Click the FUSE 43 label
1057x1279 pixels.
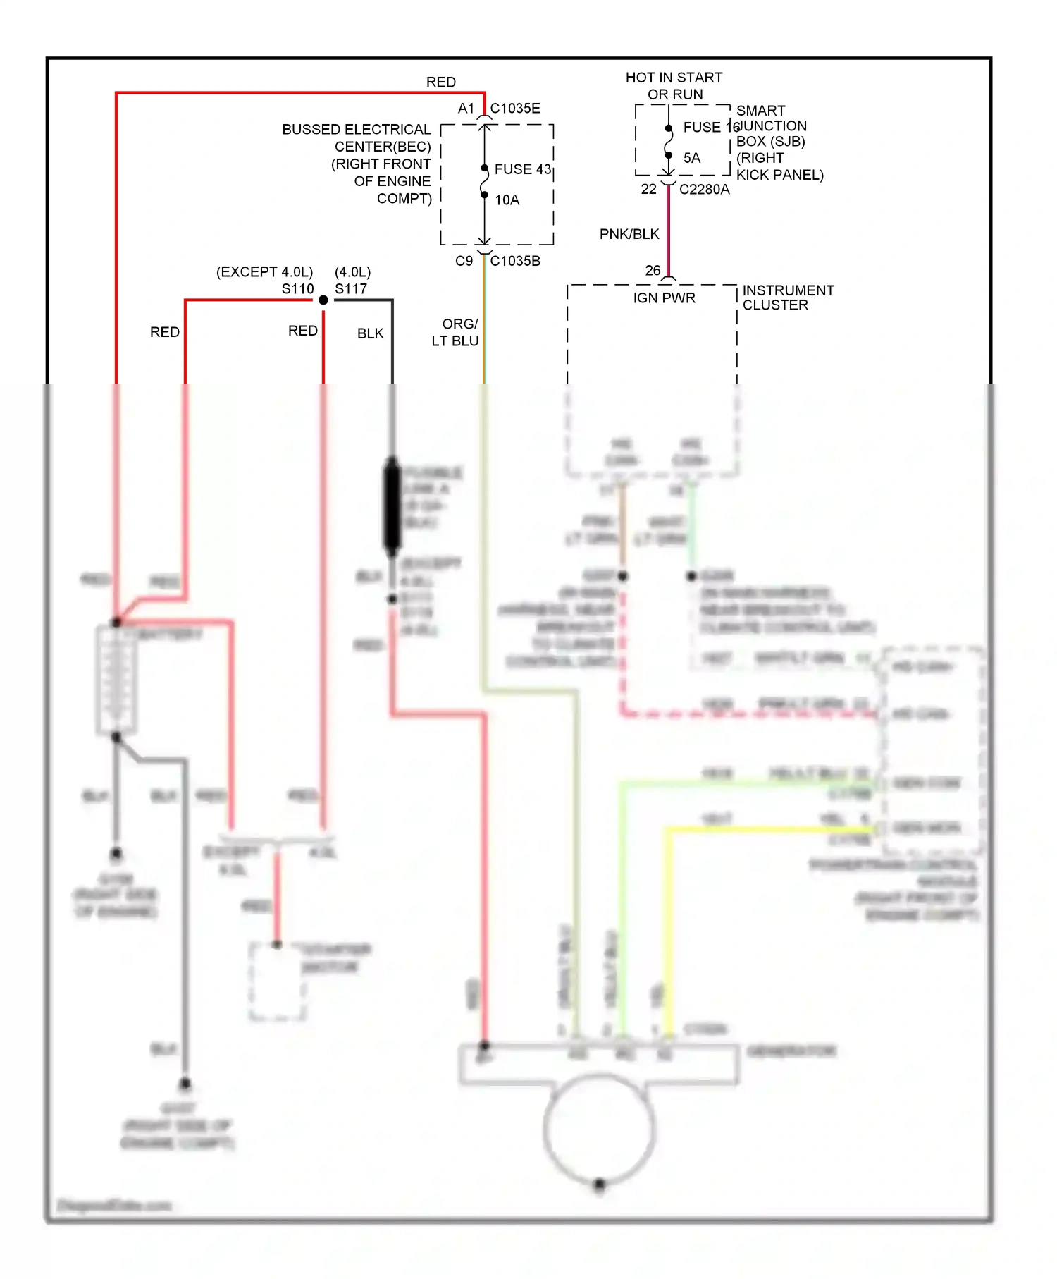(522, 169)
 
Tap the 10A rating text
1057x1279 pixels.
(507, 200)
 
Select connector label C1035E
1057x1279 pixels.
(515, 109)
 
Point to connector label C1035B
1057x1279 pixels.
(515, 261)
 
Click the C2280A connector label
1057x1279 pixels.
(704, 190)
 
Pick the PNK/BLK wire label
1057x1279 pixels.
(629, 234)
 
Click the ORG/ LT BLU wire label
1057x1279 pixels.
(456, 332)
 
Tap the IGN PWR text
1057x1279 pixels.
(664, 298)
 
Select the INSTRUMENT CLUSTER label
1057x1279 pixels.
(787, 298)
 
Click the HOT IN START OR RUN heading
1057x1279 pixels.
(674, 86)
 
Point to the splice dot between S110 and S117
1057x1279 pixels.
(323, 300)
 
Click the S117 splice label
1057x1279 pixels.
(351, 289)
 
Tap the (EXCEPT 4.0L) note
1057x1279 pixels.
(264, 272)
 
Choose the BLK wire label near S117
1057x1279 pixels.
(370, 333)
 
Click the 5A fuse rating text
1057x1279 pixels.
(692, 158)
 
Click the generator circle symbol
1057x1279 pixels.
(599, 1128)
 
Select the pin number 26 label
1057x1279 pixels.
(653, 271)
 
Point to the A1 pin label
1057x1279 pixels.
(466, 109)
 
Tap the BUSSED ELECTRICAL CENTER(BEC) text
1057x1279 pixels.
(357, 138)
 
